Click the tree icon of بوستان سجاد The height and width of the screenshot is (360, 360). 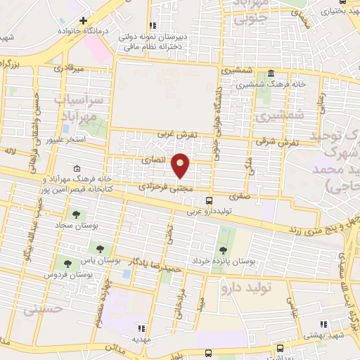point(75,214)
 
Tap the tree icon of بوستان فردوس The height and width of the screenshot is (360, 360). point(67,264)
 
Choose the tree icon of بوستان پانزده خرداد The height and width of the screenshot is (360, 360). point(223,250)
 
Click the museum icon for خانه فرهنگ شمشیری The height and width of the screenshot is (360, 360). point(271,75)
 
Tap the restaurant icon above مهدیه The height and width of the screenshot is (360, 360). point(141,328)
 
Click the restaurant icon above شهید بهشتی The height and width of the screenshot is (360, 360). point(323,323)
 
